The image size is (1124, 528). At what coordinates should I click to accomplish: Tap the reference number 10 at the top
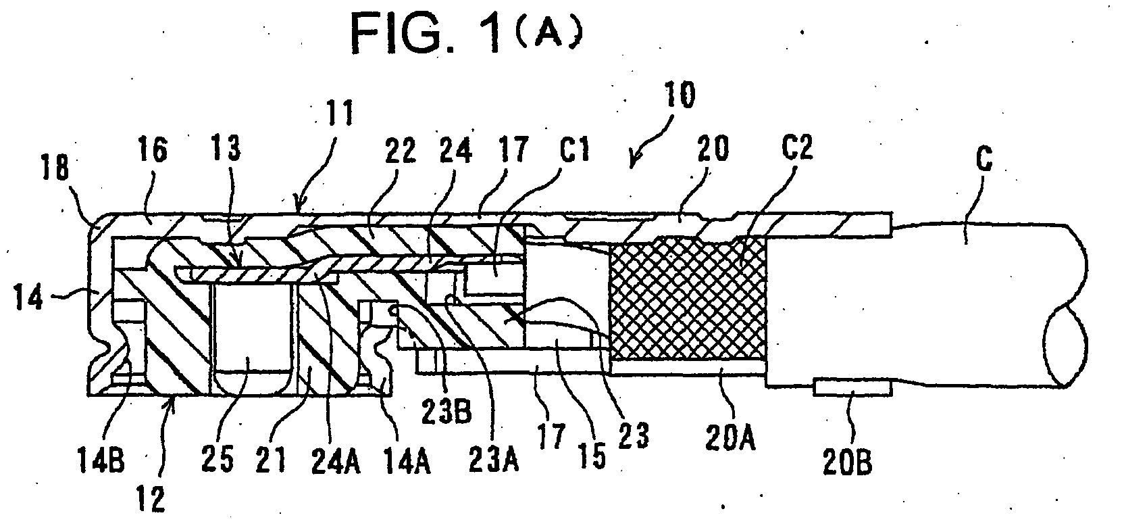[x=680, y=95]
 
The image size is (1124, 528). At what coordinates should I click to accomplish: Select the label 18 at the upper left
[x=55, y=167]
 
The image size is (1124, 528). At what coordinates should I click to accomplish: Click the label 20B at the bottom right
[x=847, y=462]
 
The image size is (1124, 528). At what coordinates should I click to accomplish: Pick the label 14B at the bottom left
[x=101, y=460]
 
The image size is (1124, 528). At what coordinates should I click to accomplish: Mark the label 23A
[x=493, y=460]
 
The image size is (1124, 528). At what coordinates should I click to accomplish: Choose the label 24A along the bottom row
[x=335, y=460]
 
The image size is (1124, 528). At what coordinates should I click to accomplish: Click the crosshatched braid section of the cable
[x=688, y=299]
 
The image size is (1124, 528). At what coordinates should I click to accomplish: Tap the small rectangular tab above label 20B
[x=852, y=388]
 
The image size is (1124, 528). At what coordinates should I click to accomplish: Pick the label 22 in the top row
[x=401, y=150]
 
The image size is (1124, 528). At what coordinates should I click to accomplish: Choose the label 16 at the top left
[x=153, y=149]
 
